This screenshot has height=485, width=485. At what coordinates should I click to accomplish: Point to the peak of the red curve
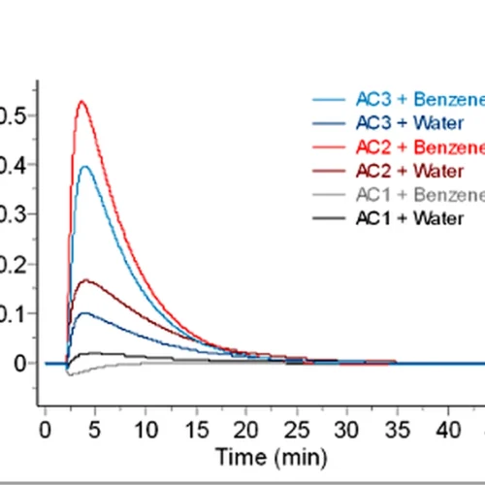click(x=82, y=101)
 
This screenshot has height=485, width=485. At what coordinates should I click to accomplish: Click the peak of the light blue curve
click(x=86, y=166)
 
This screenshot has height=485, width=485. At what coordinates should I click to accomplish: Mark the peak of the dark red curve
click(x=87, y=280)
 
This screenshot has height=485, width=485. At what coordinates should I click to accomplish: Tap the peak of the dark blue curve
click(x=88, y=312)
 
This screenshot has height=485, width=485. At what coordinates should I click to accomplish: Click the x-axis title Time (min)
click(x=273, y=455)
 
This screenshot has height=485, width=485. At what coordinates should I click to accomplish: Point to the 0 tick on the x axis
click(x=45, y=428)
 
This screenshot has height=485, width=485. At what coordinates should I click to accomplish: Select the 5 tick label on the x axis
click(x=95, y=428)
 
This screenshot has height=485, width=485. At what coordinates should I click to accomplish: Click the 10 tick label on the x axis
click(x=145, y=428)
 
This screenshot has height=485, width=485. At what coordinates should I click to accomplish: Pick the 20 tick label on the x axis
click(x=246, y=428)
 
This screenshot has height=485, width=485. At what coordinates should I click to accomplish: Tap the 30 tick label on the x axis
click(x=347, y=428)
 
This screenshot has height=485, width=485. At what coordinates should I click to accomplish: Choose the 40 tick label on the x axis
click(x=448, y=428)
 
